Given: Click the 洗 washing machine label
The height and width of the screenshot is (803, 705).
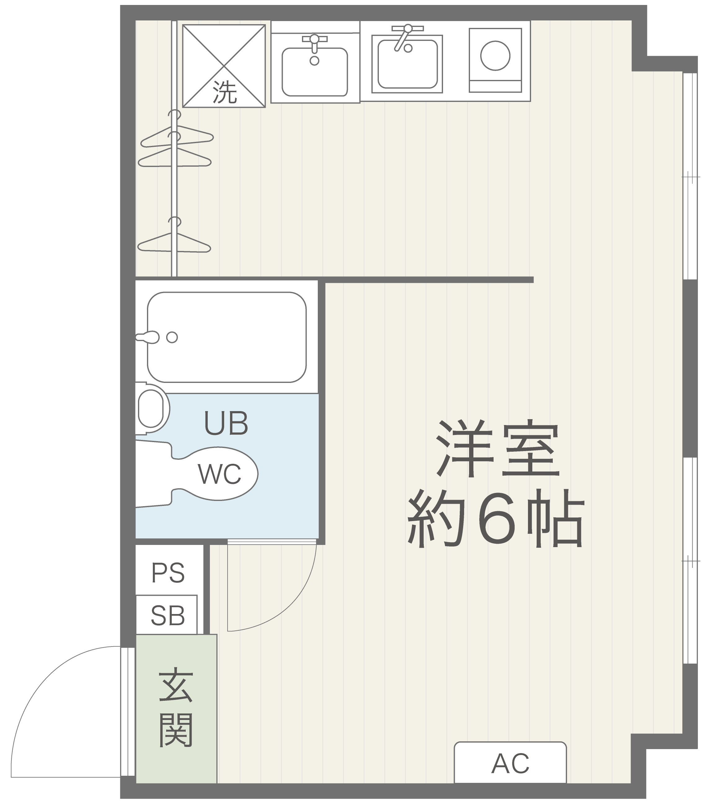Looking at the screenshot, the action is click(x=224, y=92).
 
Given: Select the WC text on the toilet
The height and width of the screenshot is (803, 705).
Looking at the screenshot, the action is click(x=219, y=474).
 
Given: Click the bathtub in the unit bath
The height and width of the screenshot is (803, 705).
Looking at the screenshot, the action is click(x=227, y=337).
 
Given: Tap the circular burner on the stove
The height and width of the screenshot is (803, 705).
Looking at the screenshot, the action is click(x=495, y=56).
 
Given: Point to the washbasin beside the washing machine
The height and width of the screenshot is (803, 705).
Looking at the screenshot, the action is click(x=315, y=72).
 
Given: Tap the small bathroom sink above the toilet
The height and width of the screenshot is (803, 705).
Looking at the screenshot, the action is click(x=153, y=409).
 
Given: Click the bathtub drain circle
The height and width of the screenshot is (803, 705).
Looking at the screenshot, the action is click(x=172, y=337).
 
